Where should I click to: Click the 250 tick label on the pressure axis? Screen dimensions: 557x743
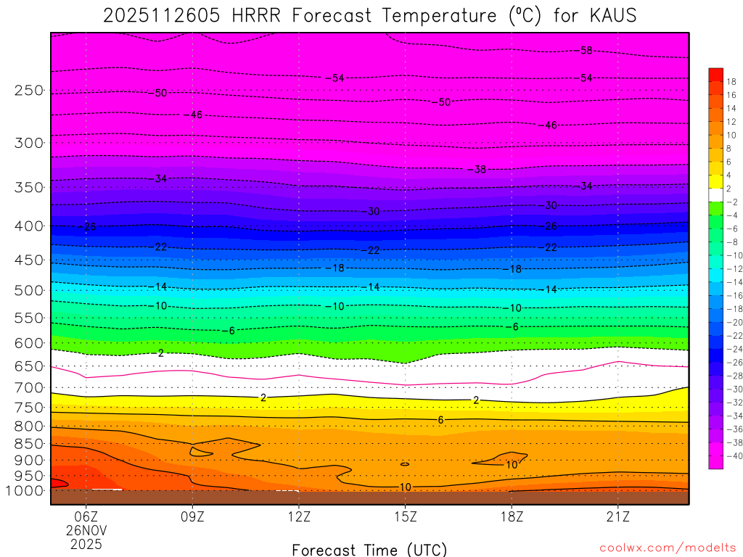click(x=28, y=91)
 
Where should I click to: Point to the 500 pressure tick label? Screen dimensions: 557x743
click(x=28, y=290)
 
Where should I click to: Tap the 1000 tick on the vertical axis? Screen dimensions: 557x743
click(x=25, y=490)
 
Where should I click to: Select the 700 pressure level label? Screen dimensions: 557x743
click(x=28, y=387)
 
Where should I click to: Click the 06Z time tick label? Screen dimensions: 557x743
click(x=86, y=517)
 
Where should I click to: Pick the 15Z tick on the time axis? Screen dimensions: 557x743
click(x=405, y=517)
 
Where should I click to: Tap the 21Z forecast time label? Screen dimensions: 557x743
click(x=617, y=517)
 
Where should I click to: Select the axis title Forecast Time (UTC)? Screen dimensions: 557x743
click(x=369, y=549)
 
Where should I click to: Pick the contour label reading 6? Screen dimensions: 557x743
click(x=440, y=420)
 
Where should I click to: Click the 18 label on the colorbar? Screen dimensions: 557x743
click(x=732, y=81)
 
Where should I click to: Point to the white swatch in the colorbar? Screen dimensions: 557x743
click(x=715, y=194)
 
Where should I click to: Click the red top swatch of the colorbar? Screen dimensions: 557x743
click(x=715, y=74)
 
